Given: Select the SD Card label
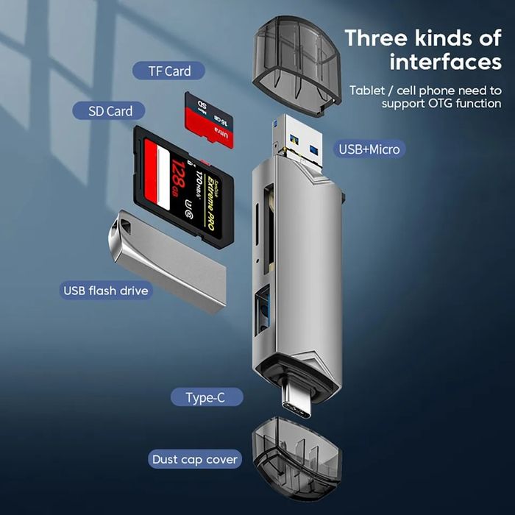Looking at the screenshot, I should [x=110, y=111].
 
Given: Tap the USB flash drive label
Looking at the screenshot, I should [x=105, y=291].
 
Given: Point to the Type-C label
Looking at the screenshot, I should [x=205, y=398].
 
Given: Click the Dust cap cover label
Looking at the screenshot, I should [x=195, y=460].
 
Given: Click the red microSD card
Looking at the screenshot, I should [x=210, y=119].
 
